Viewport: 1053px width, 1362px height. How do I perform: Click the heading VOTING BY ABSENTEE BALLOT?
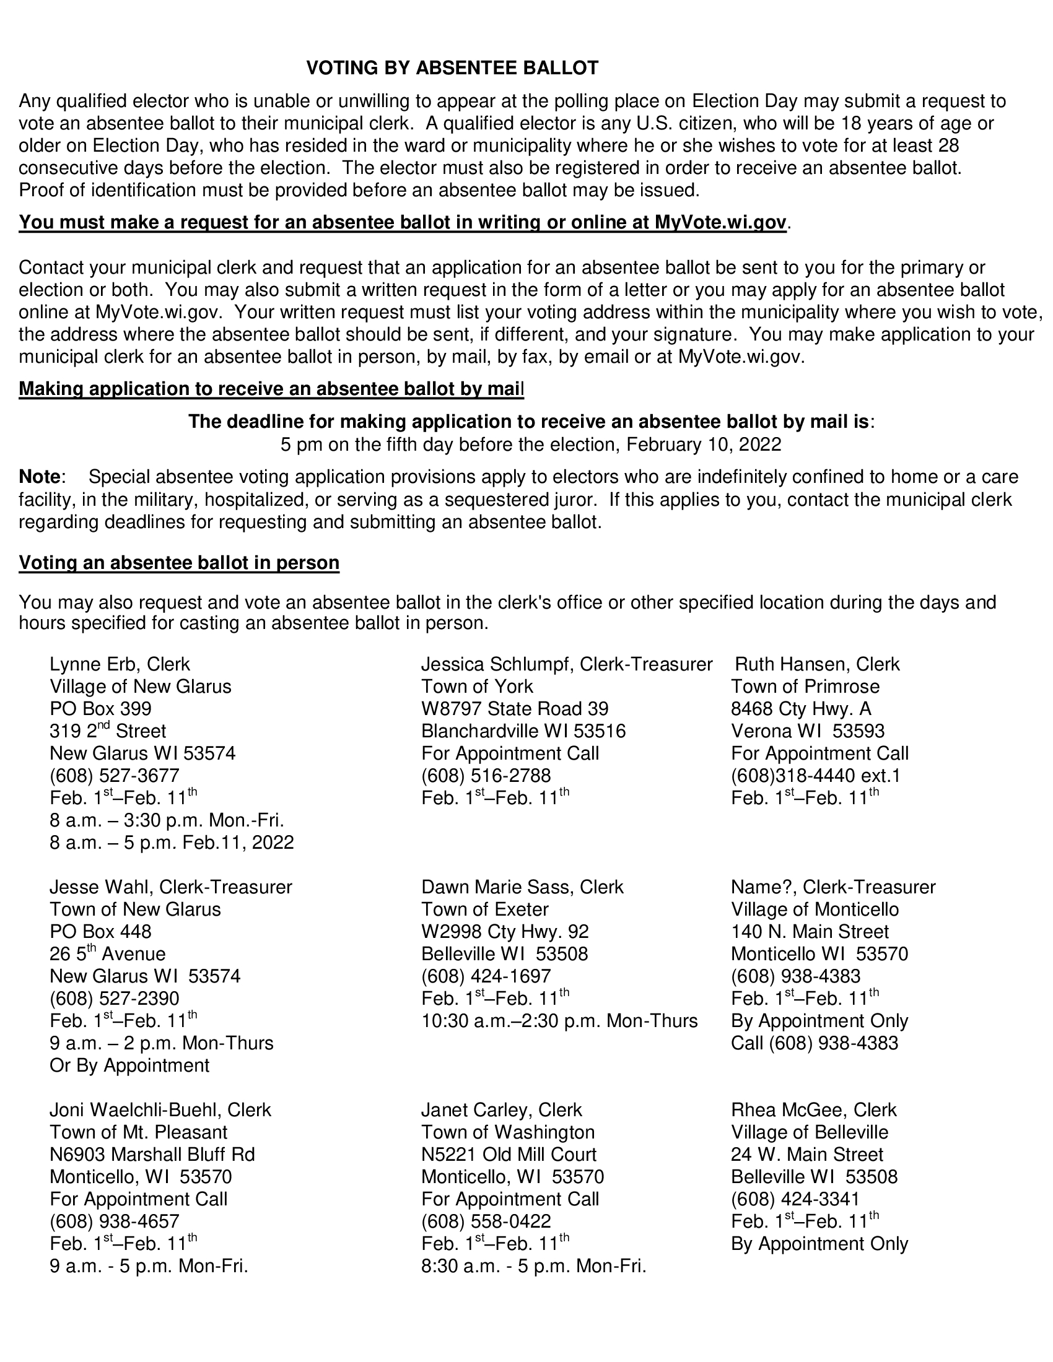point(452,68)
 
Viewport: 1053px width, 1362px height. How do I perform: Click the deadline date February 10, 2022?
point(703,444)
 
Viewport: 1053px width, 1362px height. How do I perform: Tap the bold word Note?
point(39,477)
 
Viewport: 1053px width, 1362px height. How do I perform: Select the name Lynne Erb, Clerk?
point(120,664)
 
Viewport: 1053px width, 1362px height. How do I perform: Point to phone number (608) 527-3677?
point(114,775)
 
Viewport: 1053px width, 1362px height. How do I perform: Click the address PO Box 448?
point(100,931)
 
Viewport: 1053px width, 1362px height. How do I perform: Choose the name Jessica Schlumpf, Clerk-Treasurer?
point(566,664)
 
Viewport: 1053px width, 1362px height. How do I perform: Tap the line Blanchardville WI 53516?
point(523,731)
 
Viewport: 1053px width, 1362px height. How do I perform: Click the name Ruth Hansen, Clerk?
point(817,664)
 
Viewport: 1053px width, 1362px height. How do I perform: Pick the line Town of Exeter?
point(485,909)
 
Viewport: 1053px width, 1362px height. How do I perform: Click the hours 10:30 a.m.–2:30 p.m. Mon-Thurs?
point(559,1020)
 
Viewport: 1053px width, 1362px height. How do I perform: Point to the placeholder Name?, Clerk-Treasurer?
point(832,886)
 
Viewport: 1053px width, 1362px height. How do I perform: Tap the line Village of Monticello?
point(815,909)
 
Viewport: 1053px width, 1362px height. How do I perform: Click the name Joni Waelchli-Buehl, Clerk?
point(160,1109)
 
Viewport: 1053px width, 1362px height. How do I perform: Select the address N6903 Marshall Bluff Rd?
point(152,1154)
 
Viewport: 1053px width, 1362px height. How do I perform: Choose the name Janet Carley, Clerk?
point(501,1109)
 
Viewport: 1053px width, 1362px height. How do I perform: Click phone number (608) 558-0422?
point(486,1220)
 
